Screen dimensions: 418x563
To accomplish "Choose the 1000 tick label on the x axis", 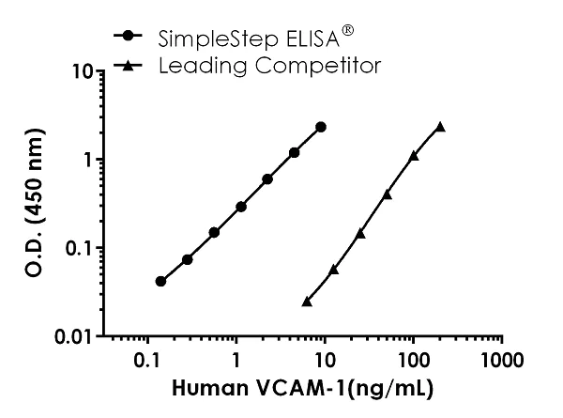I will pyautogui.click(x=502, y=360).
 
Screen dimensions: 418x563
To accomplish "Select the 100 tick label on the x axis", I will pyautogui.click(x=414, y=360).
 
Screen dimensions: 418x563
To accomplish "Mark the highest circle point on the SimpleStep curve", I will pyautogui.click(x=321, y=127).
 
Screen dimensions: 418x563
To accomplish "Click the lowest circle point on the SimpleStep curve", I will pyautogui.click(x=160, y=281).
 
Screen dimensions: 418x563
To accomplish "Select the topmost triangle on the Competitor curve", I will pyautogui.click(x=440, y=126).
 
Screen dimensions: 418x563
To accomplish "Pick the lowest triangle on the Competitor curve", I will pyautogui.click(x=307, y=302).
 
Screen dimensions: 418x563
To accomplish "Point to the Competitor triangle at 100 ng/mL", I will pyautogui.click(x=414, y=155).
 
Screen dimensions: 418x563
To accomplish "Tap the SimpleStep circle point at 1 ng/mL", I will pyautogui.click(x=241, y=206).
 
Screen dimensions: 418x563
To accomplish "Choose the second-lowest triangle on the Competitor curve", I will pyautogui.click(x=333, y=269).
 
